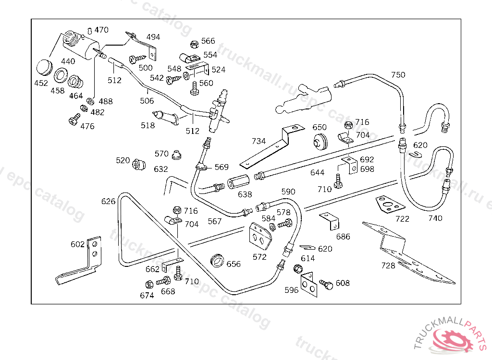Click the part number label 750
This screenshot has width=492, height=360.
tap(398, 75)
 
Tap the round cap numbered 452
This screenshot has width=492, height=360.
tap(45, 67)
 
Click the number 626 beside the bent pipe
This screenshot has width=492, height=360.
tap(109, 201)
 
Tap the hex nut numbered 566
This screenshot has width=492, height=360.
tap(194, 44)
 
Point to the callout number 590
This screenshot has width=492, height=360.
tap(288, 192)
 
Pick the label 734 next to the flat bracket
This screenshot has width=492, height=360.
tap(258, 141)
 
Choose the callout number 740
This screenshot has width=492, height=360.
tap(435, 218)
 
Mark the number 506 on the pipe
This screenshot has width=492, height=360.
tap(147, 101)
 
